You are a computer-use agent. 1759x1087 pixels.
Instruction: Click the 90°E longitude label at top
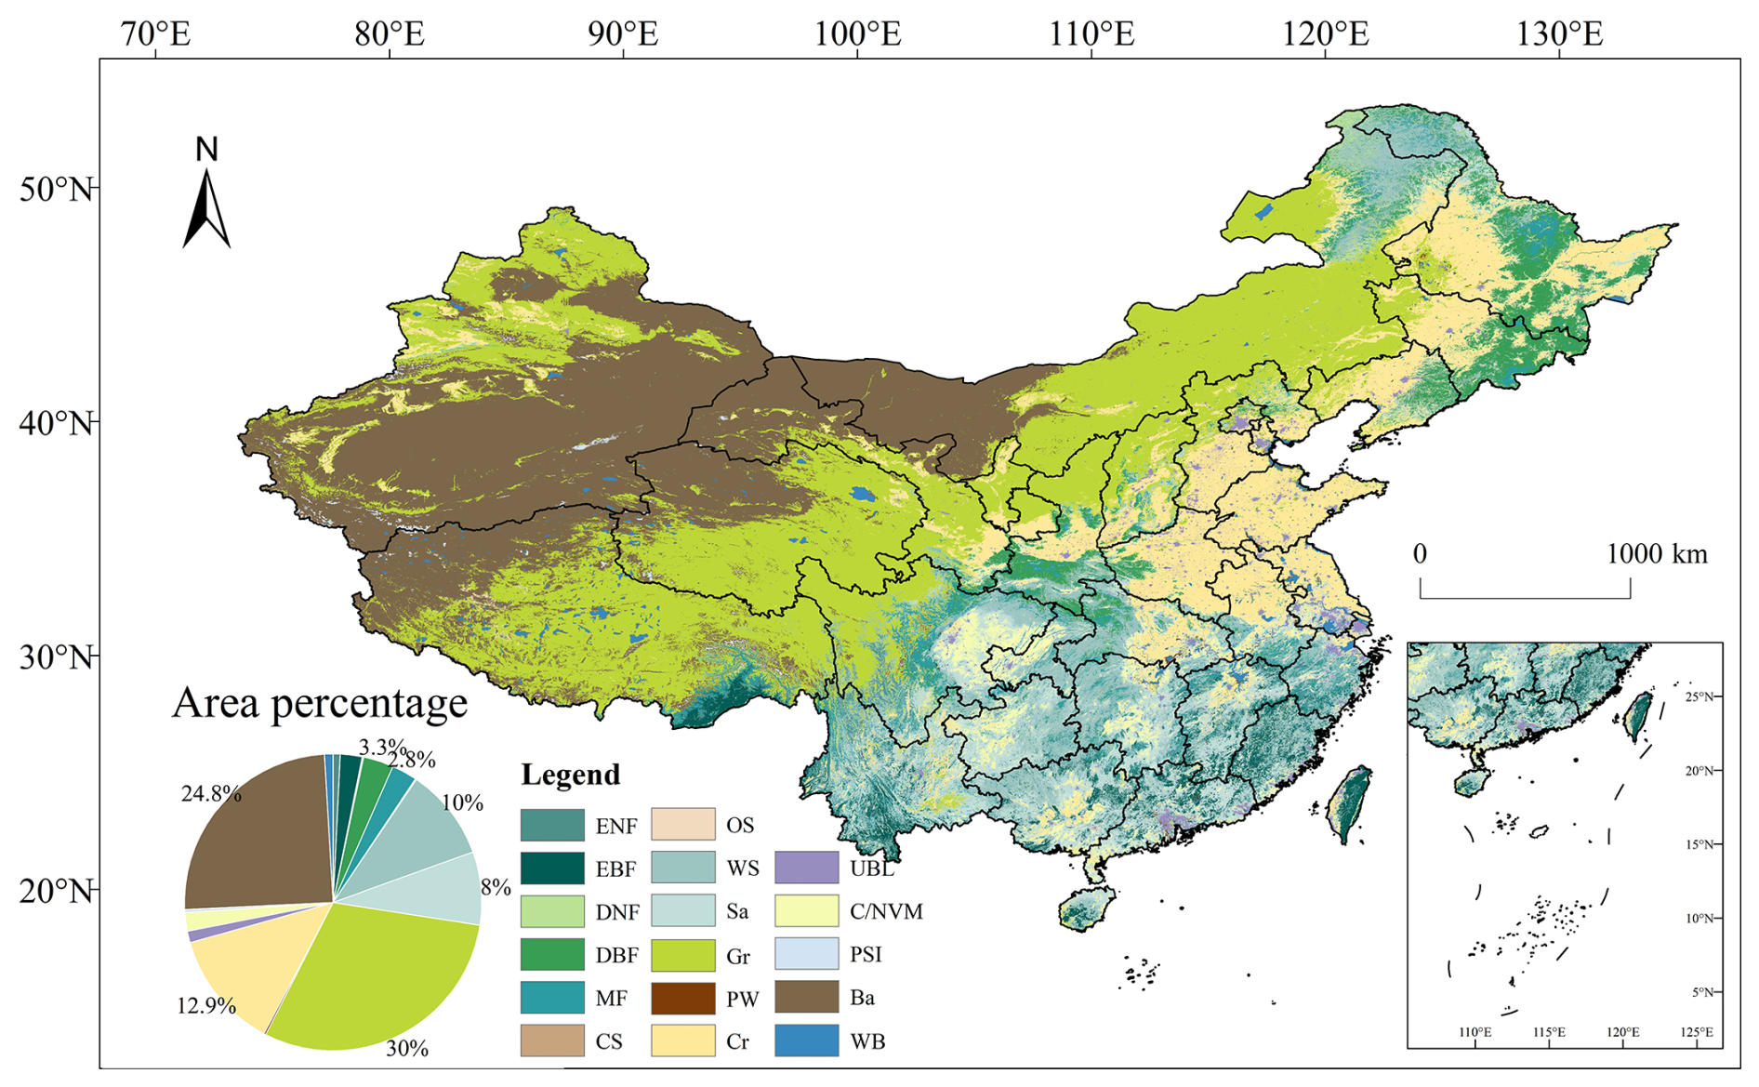(622, 34)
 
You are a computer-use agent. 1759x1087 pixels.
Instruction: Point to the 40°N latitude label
(56, 423)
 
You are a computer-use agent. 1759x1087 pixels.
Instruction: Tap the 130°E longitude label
(1559, 34)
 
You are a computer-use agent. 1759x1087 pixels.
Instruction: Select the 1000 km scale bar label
(1657, 554)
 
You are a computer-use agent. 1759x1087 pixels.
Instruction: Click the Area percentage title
(319, 703)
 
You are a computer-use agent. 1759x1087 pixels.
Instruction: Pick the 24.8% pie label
(211, 793)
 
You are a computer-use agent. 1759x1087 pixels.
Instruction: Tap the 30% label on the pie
(407, 1049)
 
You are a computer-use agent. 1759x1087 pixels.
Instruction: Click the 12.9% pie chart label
(206, 1005)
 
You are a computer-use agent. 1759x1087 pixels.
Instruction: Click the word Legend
(570, 775)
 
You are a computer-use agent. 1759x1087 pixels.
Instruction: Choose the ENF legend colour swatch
(552, 825)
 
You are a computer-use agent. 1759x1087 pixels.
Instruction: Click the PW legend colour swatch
(682, 998)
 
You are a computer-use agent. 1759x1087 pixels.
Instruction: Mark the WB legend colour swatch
(806, 1041)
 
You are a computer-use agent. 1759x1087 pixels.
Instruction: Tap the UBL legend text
(871, 868)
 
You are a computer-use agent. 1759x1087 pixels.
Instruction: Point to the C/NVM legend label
(886, 911)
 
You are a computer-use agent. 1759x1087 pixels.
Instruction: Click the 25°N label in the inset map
(1701, 696)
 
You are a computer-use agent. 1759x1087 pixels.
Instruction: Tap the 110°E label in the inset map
(1475, 1032)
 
